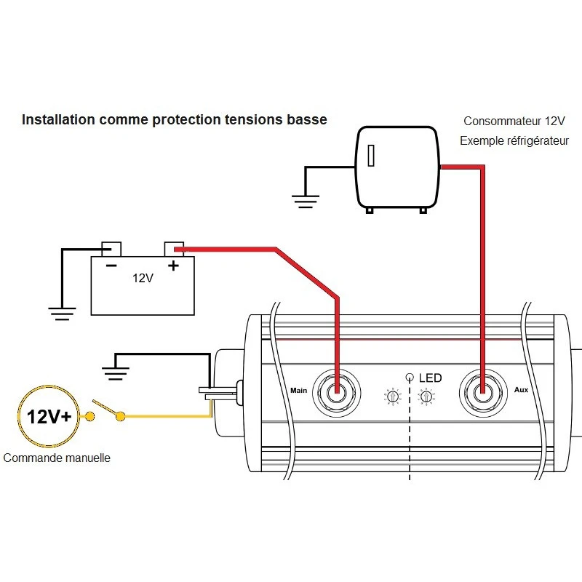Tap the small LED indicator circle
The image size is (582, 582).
pyautogui.click(x=410, y=377)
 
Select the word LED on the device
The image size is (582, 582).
pyautogui.click(x=429, y=378)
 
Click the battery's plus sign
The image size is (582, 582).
pyautogui.click(x=173, y=266)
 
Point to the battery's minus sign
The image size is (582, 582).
pyautogui.click(x=111, y=266)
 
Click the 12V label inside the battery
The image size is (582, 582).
pyautogui.click(x=143, y=279)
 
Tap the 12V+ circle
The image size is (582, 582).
pyautogui.click(x=49, y=417)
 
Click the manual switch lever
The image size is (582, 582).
pyautogui.click(x=106, y=410)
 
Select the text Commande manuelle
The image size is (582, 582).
pyautogui.click(x=57, y=458)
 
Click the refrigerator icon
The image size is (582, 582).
pyautogui.click(x=396, y=168)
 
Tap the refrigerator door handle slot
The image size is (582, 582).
pyautogui.click(x=371, y=156)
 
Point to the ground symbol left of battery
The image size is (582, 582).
pyautogui.click(x=63, y=313)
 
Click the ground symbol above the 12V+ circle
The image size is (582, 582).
pyautogui.click(x=114, y=373)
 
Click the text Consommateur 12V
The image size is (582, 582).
pyautogui.click(x=514, y=121)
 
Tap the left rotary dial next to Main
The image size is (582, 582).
pyautogui.click(x=392, y=396)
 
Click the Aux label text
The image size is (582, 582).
pyautogui.click(x=521, y=390)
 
